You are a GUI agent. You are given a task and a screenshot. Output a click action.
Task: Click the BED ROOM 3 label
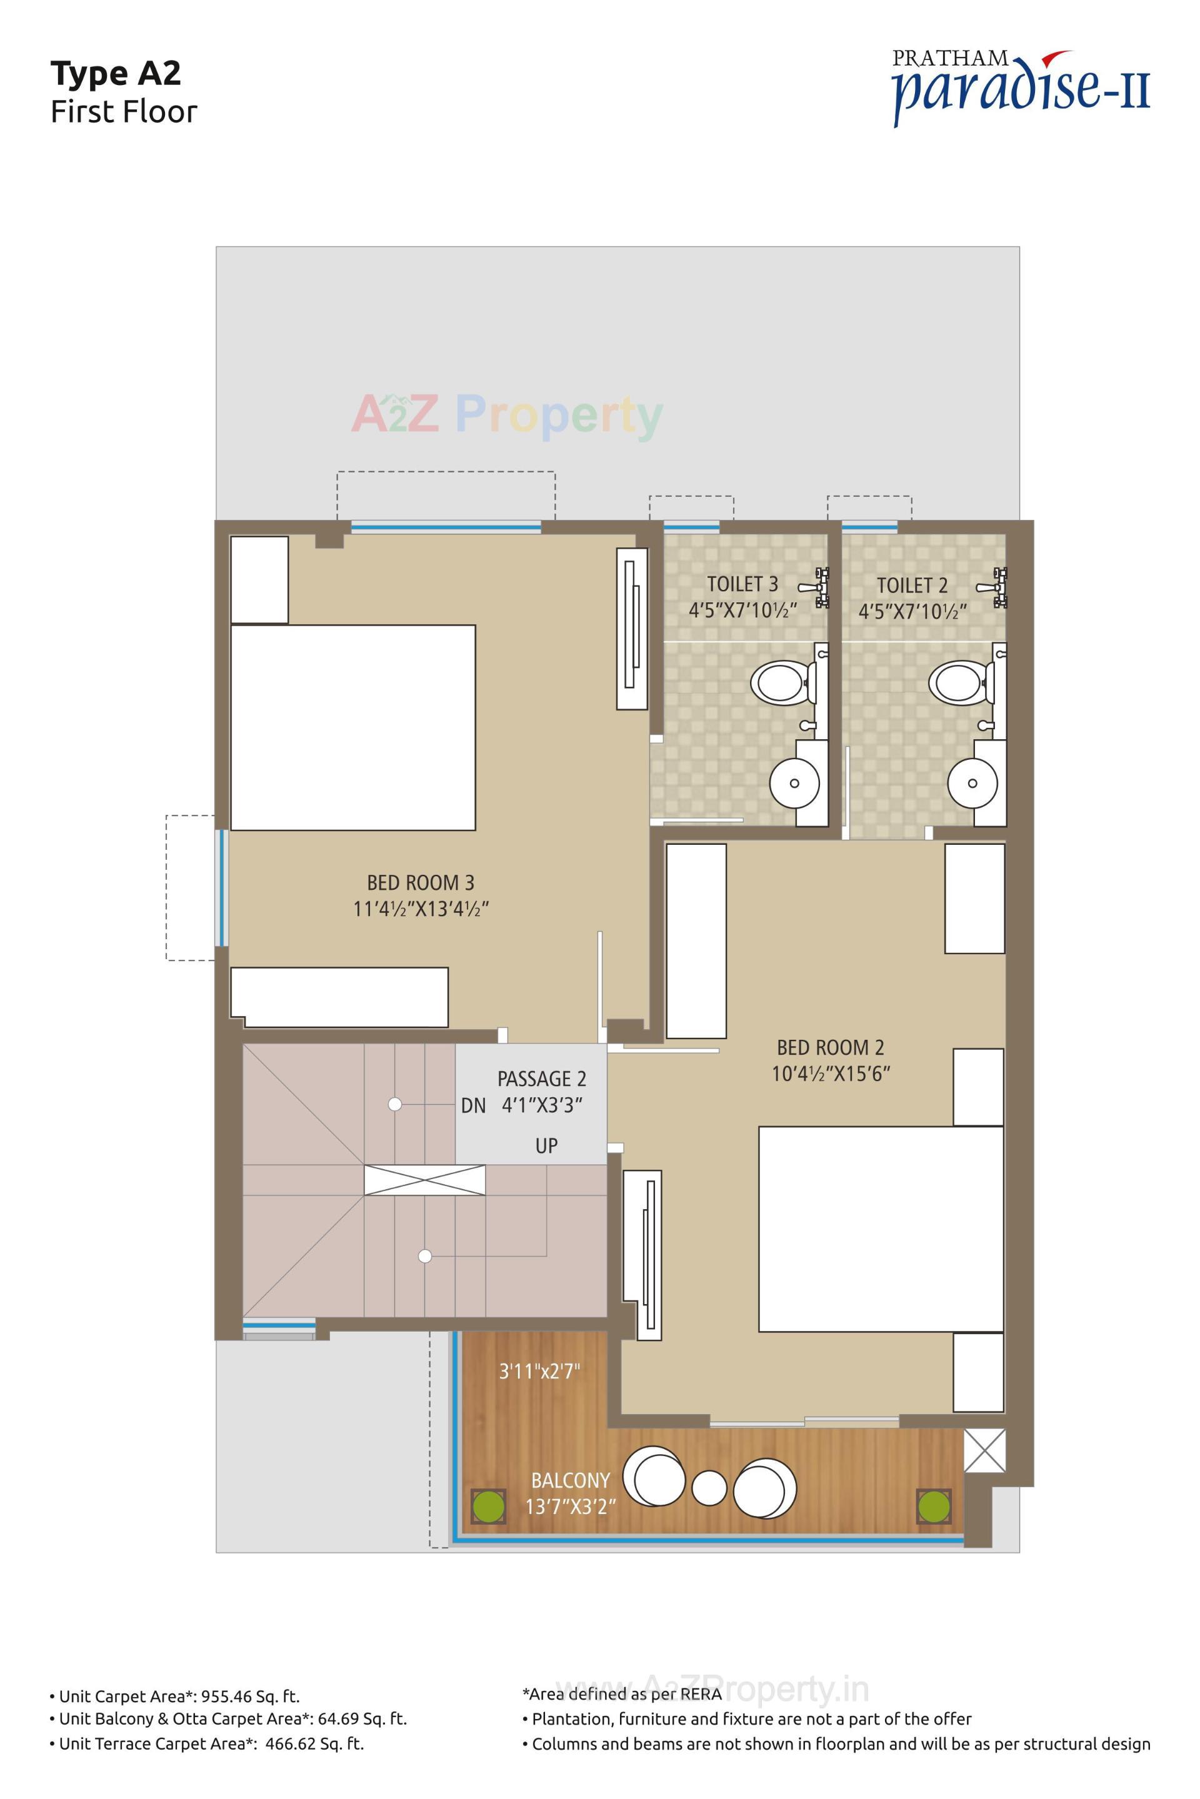pos(420,882)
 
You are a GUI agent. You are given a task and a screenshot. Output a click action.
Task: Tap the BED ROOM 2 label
pos(831,1047)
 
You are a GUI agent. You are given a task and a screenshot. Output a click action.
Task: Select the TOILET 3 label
pos(742,584)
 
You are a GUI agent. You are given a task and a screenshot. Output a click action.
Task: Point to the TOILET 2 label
pos(912,586)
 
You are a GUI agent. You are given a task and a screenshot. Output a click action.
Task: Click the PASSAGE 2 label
pos(542,1079)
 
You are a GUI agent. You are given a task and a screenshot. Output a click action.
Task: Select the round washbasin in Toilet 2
pos(972,784)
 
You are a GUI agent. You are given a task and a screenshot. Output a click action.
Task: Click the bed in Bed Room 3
pos(352,727)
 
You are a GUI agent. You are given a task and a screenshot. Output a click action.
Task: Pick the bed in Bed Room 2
pos(880,1228)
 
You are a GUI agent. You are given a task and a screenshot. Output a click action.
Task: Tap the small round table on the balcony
pos(709,1488)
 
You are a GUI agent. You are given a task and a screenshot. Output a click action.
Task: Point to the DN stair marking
pos(474,1106)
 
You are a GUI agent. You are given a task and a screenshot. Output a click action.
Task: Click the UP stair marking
pos(546,1145)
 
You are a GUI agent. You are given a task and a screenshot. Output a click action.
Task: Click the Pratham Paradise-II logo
pos(1021,86)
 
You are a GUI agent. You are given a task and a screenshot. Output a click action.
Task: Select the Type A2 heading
pos(116,74)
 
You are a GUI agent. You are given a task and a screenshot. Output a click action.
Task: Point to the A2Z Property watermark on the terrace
pos(507,416)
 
